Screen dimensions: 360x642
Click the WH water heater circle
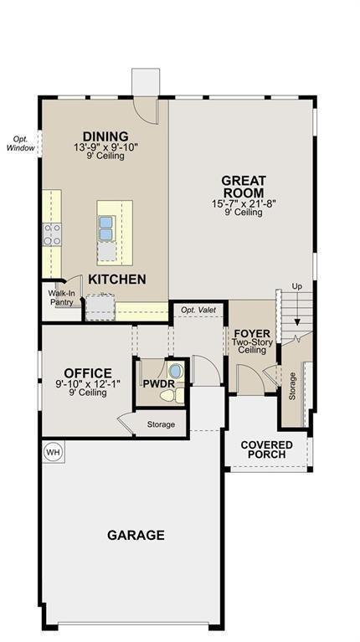[53, 452]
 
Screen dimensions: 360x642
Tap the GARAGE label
[136, 535]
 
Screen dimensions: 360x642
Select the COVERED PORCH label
[266, 449]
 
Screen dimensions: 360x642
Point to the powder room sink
[177, 372]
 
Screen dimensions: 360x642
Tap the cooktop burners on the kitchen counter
[53, 234]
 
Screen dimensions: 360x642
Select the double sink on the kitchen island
[105, 228]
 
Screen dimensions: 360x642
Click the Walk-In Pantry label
[60, 298]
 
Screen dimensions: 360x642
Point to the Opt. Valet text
[198, 310]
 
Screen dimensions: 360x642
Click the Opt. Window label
[20, 143]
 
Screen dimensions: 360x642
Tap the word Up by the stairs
[297, 286]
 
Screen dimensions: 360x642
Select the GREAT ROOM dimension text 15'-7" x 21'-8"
[244, 204]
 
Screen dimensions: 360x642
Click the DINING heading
[105, 136]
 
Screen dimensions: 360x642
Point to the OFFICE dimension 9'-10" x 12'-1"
[88, 384]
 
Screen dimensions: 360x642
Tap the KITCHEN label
[117, 280]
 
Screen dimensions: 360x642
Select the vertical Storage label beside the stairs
[292, 386]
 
